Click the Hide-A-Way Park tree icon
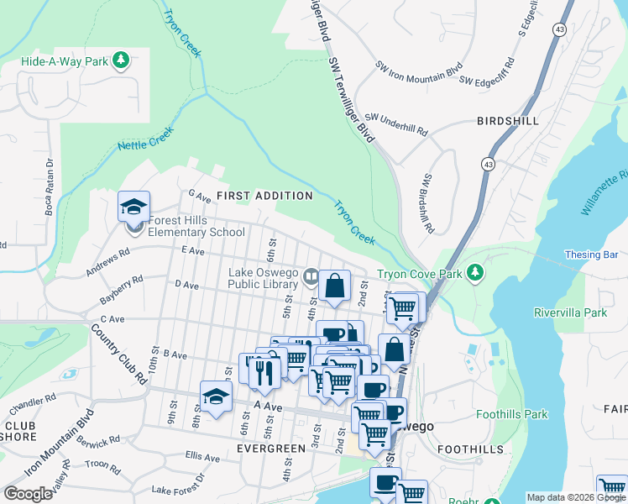pos(122,60)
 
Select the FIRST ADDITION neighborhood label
pos(264,196)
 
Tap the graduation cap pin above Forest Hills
pos(133,206)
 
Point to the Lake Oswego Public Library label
pos(264,278)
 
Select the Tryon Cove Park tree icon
pos(476,273)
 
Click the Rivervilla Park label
pos(570,312)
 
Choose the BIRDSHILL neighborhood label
pos(507,121)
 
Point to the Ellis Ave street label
pos(202,457)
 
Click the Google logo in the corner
pos(28,494)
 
